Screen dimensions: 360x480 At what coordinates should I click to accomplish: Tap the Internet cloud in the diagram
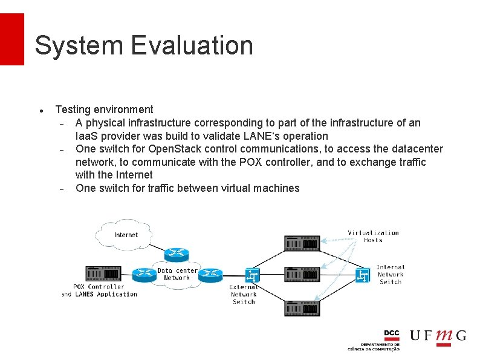(126, 234)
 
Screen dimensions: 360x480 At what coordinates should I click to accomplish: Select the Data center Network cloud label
(177, 274)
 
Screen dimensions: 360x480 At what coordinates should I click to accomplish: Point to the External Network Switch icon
(253, 275)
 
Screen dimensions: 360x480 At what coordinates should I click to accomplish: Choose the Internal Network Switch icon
(363, 275)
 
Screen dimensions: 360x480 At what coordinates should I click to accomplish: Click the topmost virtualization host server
(302, 243)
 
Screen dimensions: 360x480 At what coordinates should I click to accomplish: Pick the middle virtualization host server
(302, 275)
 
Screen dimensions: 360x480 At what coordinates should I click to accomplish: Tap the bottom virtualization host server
(302, 308)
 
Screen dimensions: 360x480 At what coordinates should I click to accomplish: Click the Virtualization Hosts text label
(373, 236)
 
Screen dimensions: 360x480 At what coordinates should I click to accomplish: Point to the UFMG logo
(438, 336)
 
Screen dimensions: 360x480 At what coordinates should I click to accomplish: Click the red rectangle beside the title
(11, 39)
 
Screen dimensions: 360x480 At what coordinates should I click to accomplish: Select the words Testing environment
(104, 110)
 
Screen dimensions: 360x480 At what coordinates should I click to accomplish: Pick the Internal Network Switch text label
(390, 274)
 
